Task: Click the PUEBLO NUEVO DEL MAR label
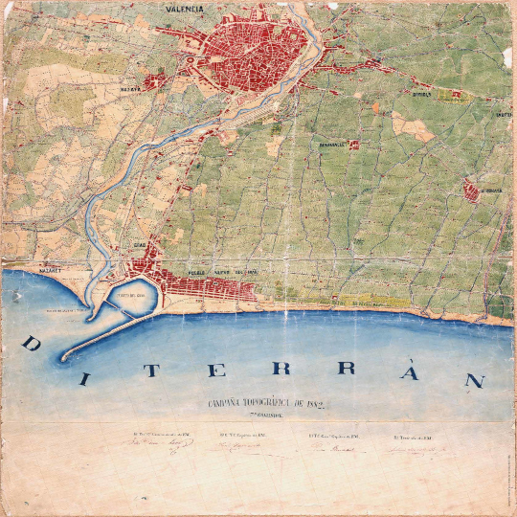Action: tap(222, 273)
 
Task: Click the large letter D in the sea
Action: tap(29, 343)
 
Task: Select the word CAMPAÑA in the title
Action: tap(231, 405)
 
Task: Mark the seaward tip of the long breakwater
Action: tap(65, 358)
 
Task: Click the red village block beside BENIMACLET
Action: tap(353, 145)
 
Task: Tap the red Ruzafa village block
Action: tap(154, 81)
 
